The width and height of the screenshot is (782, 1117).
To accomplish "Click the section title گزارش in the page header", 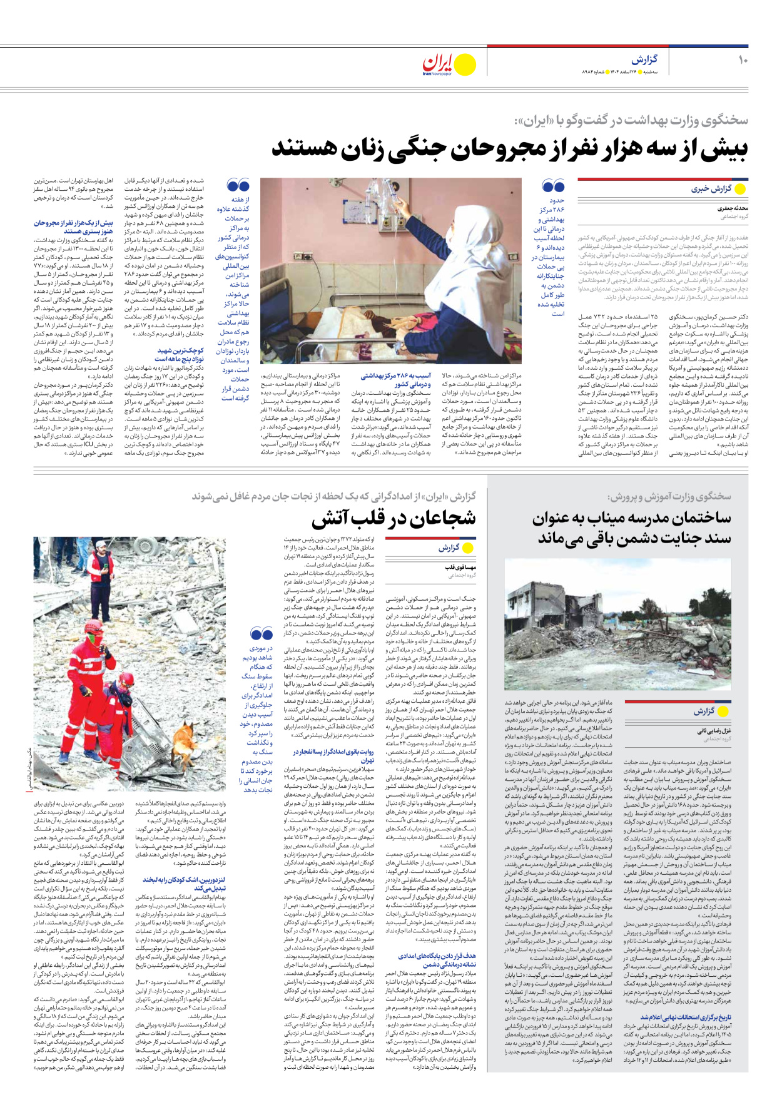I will (644, 59).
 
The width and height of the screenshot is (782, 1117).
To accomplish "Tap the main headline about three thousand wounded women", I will (509, 149).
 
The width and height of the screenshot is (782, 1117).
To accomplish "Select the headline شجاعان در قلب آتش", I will (394, 518).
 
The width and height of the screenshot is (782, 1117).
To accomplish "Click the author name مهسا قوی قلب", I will (460, 567).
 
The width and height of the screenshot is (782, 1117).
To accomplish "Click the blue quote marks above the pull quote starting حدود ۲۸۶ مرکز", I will (553, 186).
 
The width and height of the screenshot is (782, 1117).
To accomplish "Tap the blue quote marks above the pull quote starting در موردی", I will (261, 633).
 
